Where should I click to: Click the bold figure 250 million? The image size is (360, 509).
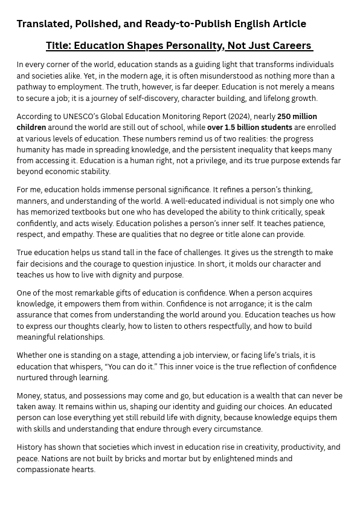297,116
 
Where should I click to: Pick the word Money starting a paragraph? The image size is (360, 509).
28,396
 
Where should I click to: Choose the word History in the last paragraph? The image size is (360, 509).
30,447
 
